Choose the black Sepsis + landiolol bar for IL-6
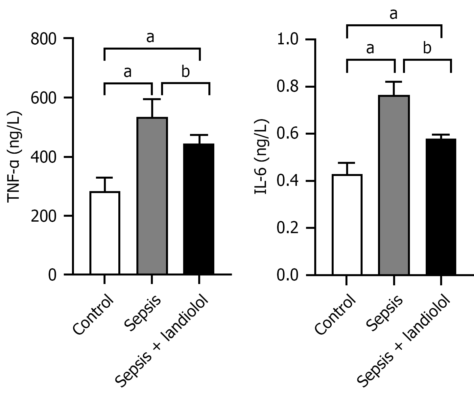click(x=441, y=207)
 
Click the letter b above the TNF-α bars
click(x=186, y=72)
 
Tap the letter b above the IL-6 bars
click(x=427, y=48)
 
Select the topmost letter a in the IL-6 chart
click(x=394, y=14)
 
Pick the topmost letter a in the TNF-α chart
click(x=150, y=37)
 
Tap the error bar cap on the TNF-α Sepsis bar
click(x=152, y=99)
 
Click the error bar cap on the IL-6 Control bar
click(x=347, y=163)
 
